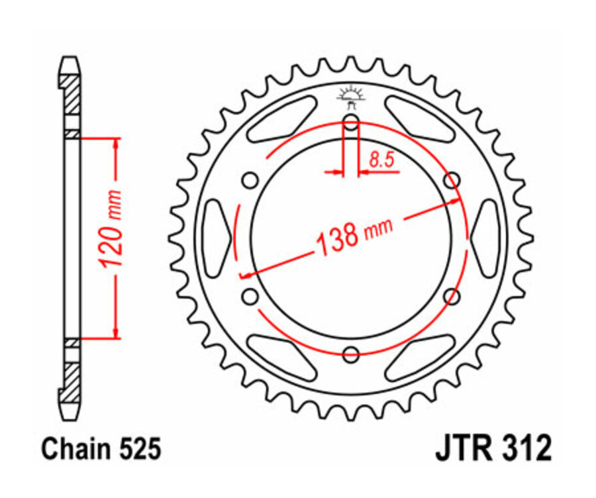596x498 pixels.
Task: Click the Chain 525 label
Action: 101,450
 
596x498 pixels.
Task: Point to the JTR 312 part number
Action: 493,450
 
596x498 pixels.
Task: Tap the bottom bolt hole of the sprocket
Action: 351,356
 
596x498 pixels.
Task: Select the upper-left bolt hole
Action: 250,180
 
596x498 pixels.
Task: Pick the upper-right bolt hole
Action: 452,180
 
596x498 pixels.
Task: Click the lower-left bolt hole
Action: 250,297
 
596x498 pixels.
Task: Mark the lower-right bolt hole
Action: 452,297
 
